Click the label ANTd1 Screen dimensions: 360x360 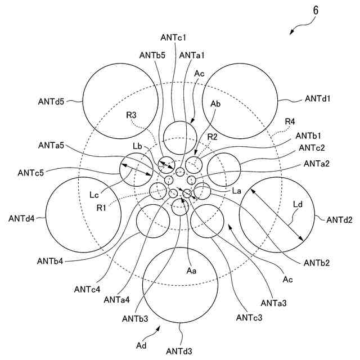[x=318, y=97]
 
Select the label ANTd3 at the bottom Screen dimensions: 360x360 [x=179, y=352]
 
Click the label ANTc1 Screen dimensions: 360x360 [x=173, y=38]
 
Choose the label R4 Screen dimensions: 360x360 [x=290, y=121]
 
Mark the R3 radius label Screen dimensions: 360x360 [x=131, y=115]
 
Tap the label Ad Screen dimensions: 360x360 [x=141, y=345]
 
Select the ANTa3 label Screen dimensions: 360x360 [x=274, y=303]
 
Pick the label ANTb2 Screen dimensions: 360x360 [x=317, y=262]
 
